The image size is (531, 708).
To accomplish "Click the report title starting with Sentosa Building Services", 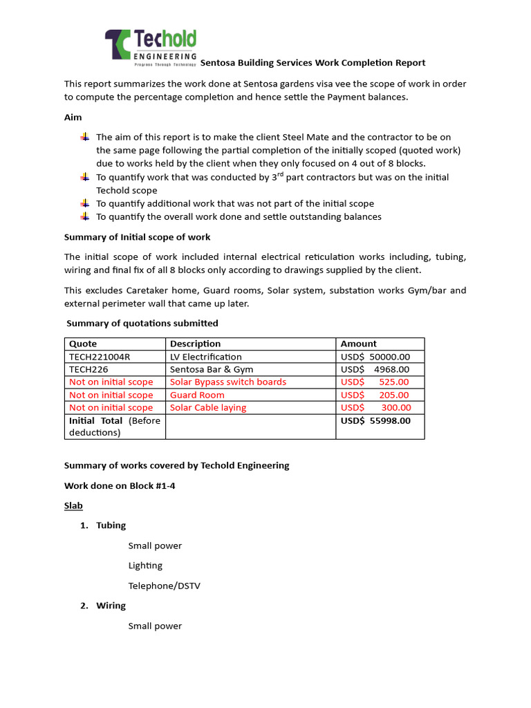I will coord(313,62).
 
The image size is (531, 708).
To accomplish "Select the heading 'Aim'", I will coord(73,118).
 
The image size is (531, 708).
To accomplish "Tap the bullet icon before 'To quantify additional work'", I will coord(84,203).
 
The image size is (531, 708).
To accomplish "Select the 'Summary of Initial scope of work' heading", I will coord(137,237).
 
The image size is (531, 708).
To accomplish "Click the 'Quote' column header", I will coord(83,344).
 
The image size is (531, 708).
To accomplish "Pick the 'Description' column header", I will coord(195,344).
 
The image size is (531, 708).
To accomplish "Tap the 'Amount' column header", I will coord(358,344).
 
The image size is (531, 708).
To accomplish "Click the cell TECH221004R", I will coord(100,357).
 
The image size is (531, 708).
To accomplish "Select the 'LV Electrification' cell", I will coord(206,357).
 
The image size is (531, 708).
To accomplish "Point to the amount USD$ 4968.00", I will coord(375,369).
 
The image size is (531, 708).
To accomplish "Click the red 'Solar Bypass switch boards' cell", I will coord(227,382).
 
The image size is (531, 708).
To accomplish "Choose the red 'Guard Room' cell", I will coord(197,395).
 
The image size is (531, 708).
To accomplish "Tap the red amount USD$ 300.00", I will coord(375,407).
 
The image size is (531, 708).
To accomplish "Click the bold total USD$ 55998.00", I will coord(375,420).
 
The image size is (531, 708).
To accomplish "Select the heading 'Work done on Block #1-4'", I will coord(120,485).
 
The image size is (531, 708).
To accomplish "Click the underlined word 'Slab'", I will coord(73,505).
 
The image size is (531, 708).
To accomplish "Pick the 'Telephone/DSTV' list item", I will coord(164,586).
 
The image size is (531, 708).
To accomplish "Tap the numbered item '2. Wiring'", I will coord(104,606).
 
